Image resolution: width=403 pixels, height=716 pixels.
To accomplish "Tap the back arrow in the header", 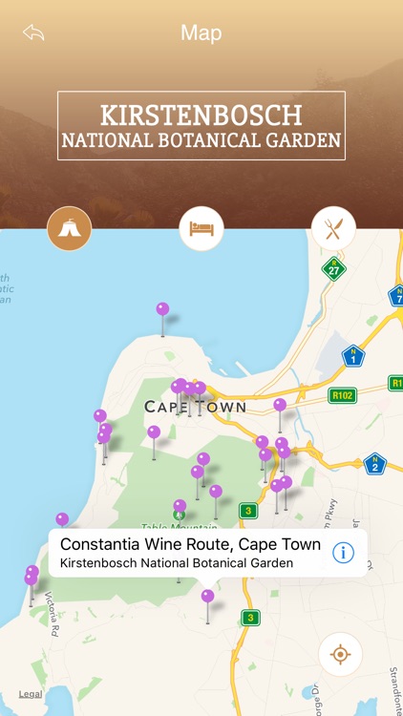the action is [34, 32].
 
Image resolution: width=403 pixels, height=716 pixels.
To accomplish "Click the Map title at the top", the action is [201, 32].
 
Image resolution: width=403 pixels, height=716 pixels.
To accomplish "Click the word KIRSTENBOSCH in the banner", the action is [201, 116].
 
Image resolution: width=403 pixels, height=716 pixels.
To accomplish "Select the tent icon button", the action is [70, 229].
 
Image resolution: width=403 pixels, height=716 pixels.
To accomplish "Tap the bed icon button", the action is [201, 229].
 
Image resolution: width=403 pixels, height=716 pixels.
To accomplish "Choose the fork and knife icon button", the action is [333, 229].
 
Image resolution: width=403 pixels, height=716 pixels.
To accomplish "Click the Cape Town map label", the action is [195, 408].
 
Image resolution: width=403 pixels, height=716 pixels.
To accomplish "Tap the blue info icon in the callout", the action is [343, 552].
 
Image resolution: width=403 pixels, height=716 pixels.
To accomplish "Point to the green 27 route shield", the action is [333, 268].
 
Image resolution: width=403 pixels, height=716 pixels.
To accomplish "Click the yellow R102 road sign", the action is [342, 393].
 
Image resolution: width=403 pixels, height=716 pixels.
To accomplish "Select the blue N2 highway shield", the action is [374, 464].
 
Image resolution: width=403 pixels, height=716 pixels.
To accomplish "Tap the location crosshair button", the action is [341, 655].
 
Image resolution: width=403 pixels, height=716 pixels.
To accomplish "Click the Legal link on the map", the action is [31, 694].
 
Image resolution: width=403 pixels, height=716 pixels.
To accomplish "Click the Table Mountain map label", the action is [167, 526].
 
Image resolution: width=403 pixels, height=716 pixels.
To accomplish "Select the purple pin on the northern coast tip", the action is [162, 309].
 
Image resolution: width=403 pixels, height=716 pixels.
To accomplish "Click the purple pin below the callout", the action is [207, 597].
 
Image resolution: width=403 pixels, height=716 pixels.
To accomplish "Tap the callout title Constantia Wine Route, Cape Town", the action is [190, 544].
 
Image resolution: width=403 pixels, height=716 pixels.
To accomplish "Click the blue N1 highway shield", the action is [353, 356].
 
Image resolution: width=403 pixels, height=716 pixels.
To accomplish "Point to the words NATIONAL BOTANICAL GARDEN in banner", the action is [201, 141].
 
